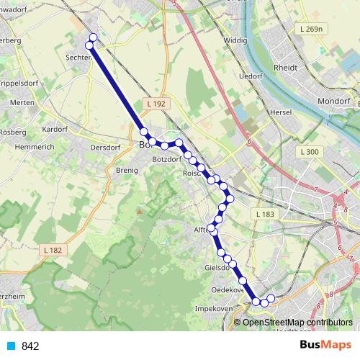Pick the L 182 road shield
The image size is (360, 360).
(53, 250)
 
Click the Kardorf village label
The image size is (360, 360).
(55, 130)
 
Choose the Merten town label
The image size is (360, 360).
(23, 103)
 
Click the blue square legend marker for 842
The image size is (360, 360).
(11, 346)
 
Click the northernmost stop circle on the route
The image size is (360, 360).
(92, 37)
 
